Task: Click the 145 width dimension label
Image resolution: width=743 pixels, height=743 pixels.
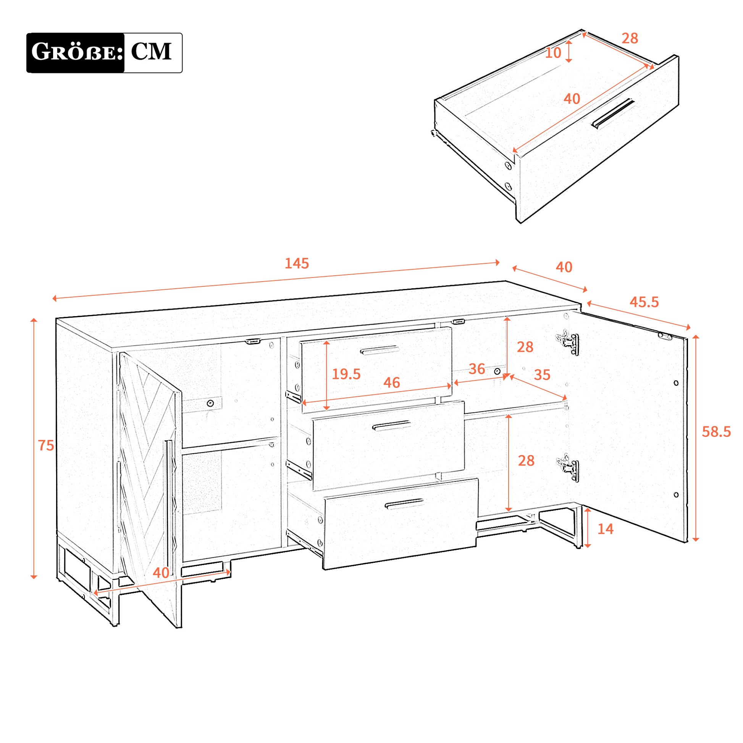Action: click(297, 263)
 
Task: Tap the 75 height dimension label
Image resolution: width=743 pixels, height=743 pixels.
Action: click(46, 445)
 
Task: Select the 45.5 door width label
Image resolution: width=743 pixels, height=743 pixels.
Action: click(644, 302)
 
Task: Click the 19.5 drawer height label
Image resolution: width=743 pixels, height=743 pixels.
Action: click(346, 374)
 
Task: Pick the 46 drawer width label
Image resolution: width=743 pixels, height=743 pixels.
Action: click(391, 382)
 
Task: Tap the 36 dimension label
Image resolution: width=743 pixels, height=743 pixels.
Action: click(477, 369)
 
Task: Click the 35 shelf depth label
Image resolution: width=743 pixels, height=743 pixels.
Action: click(542, 375)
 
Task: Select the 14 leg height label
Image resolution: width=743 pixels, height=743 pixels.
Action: click(605, 529)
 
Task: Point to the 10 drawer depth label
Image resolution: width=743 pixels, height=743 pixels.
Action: click(553, 53)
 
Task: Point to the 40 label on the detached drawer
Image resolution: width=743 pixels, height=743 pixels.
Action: click(572, 99)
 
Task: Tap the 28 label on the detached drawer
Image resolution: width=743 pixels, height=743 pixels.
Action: click(630, 38)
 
